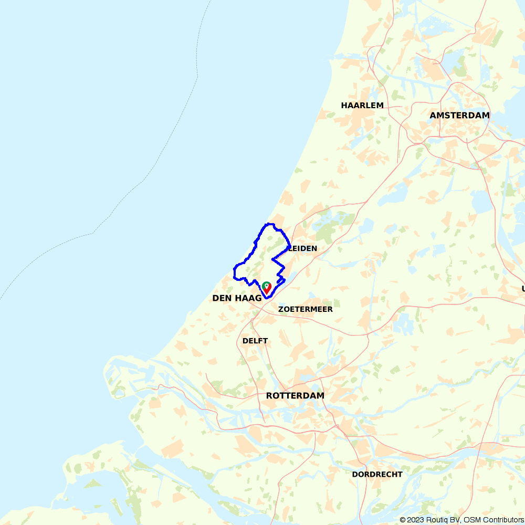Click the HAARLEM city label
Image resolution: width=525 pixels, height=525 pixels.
point(362,106)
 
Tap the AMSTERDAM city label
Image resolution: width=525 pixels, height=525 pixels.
point(459,115)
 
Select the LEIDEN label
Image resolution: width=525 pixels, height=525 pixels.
point(303,248)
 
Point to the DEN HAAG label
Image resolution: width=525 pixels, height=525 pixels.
point(237,298)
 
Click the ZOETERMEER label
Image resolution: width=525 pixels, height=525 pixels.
point(306,309)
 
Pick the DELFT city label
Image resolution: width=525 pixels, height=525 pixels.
point(255,341)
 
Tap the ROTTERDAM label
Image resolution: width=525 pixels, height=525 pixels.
point(295,396)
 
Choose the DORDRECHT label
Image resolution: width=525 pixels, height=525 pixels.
point(377,474)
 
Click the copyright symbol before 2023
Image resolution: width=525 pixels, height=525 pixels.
point(403,520)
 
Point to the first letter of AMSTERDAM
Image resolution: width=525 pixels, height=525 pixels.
point(433,115)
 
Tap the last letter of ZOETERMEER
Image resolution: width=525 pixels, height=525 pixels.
point(330,309)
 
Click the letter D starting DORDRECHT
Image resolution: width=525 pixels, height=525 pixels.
point(355,474)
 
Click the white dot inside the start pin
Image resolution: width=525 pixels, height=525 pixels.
point(267,286)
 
